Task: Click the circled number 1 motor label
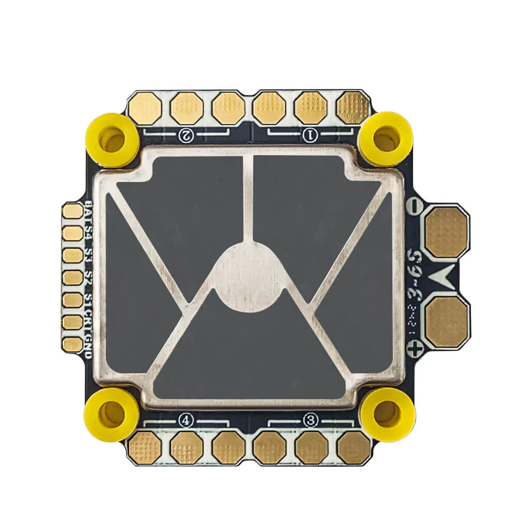[x=310, y=135]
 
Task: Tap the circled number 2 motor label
[x=186, y=135]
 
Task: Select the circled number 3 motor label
[x=310, y=420]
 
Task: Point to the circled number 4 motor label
[x=186, y=420]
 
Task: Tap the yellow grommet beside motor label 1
[x=386, y=139]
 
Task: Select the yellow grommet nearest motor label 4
[x=112, y=414]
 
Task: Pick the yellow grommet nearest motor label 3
[x=388, y=414]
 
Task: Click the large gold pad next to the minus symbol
[x=446, y=232]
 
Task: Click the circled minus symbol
[x=414, y=206]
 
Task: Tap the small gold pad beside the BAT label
[x=72, y=211]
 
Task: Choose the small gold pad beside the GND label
[x=72, y=344]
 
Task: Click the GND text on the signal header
[x=88, y=347]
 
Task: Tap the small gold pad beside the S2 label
[x=72, y=278]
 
